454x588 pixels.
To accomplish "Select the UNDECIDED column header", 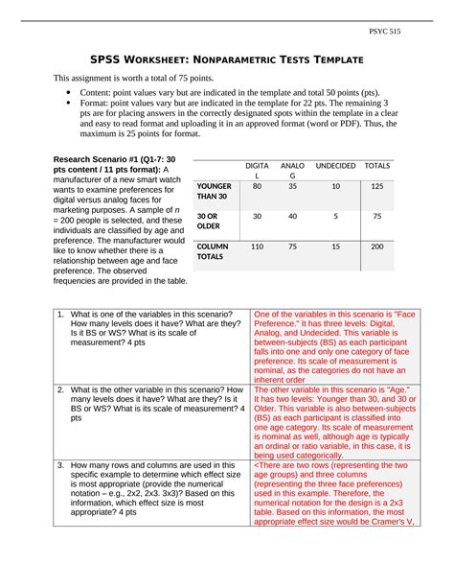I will [x=334, y=166].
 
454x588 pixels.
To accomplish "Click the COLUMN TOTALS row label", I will [x=212, y=252].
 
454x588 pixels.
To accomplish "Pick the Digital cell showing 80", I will [x=257, y=186].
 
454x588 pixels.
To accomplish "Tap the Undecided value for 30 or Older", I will [x=334, y=217].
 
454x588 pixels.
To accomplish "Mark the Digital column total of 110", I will [x=257, y=247].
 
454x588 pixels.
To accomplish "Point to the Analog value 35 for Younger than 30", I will [x=292, y=186].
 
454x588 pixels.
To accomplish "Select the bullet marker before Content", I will [x=68, y=97].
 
